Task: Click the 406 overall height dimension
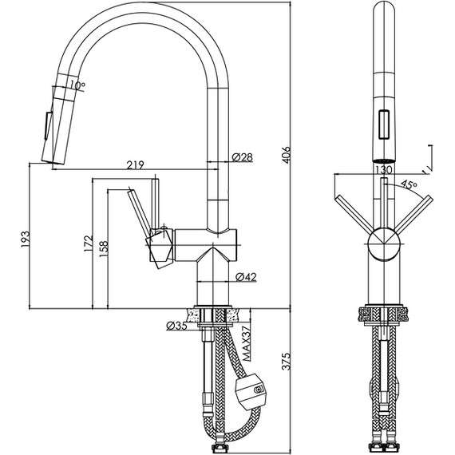[x=286, y=155]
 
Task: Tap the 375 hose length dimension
[x=286, y=362]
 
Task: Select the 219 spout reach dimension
[x=135, y=165]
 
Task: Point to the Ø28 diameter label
[x=243, y=157]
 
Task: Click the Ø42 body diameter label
[x=246, y=277]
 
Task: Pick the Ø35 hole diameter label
[x=176, y=326]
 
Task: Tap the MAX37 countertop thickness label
[x=247, y=343]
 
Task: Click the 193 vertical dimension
[x=25, y=239]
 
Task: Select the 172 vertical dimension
[x=89, y=243]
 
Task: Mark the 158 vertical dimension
[x=103, y=249]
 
